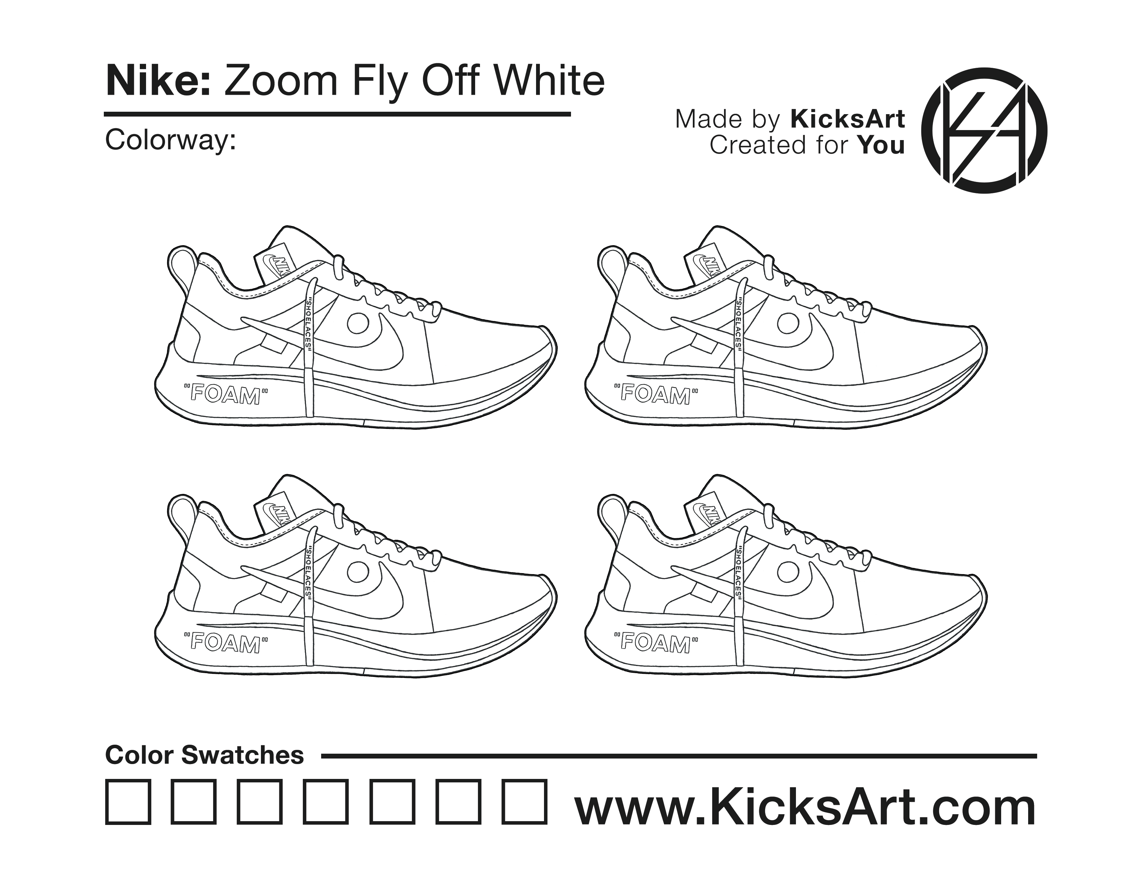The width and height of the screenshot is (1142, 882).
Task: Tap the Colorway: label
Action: coord(171,140)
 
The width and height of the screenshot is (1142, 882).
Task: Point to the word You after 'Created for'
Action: coord(881,145)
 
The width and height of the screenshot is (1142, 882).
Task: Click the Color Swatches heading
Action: coord(205,755)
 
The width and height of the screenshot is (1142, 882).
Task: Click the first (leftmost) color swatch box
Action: coord(128,802)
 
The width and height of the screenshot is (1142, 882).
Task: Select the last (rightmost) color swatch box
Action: coord(525,802)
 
